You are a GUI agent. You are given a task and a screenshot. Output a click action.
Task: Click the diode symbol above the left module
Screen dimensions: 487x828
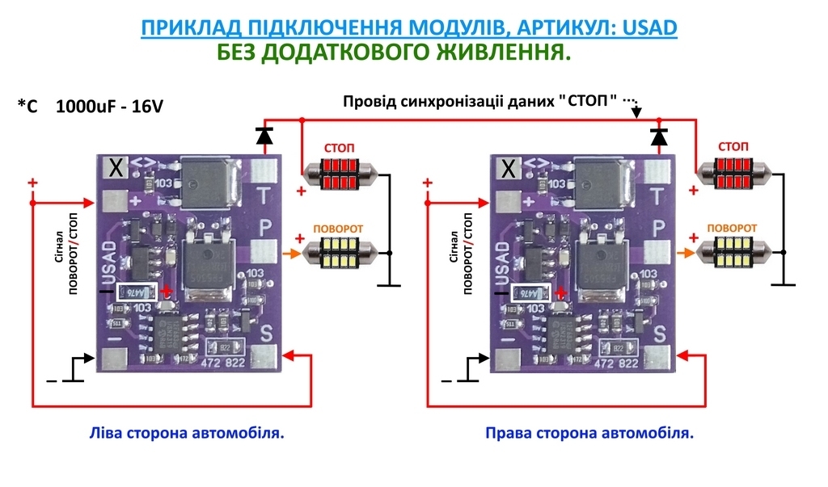264,136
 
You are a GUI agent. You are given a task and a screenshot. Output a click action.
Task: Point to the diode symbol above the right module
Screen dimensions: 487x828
659,136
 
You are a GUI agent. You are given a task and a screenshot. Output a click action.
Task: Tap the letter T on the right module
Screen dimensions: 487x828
659,195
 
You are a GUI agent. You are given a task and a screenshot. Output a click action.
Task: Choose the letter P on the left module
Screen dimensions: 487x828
264,229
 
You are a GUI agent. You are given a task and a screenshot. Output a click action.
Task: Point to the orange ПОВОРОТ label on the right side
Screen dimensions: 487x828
732,228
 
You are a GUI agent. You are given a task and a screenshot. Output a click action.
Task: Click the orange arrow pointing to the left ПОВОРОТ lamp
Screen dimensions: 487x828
291,254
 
